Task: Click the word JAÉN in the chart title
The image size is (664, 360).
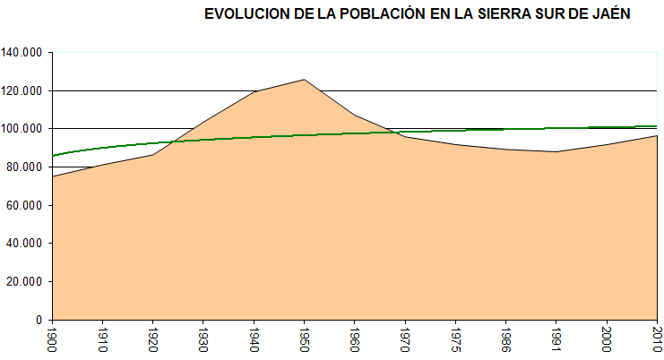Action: [x=611, y=14]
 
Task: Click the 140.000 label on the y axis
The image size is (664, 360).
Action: [x=22, y=53]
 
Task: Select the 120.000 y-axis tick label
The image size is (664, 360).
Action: [x=22, y=90]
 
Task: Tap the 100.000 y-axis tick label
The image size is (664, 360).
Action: [x=22, y=129]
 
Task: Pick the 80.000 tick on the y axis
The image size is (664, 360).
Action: [x=25, y=167]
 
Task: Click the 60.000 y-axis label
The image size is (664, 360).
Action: [x=25, y=205]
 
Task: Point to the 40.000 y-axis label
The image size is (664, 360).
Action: [x=25, y=244]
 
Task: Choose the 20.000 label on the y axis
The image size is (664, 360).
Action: [x=25, y=281]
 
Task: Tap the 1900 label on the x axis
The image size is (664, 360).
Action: [x=54, y=339]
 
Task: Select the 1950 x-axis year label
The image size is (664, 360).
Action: [x=305, y=339]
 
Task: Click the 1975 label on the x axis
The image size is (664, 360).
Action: [x=456, y=339]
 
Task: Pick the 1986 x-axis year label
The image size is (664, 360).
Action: [x=506, y=339]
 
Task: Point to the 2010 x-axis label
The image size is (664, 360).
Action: [x=657, y=339]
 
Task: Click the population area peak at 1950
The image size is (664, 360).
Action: [x=305, y=80]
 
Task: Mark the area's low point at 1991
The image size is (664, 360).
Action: [x=556, y=151]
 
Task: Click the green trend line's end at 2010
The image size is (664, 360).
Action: [x=657, y=126]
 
